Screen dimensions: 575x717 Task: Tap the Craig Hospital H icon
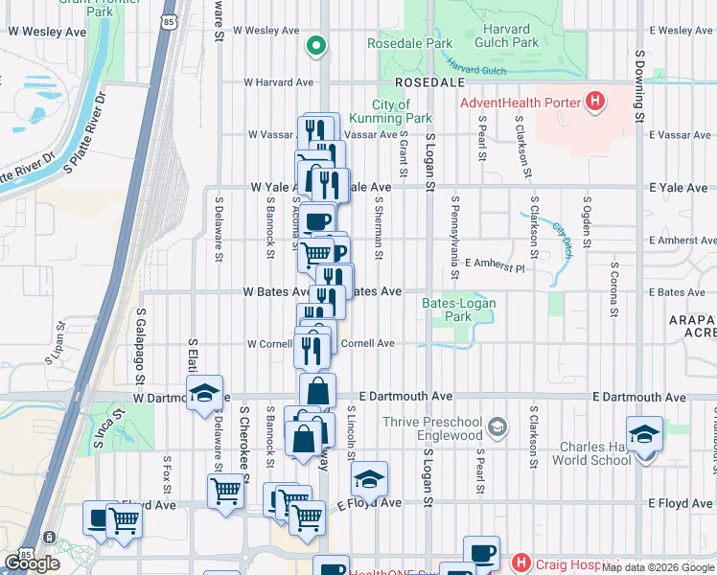click(521, 563)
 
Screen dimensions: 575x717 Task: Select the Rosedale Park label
click(409, 44)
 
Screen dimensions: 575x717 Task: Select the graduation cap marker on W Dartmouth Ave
click(204, 393)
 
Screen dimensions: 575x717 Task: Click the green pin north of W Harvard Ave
click(315, 44)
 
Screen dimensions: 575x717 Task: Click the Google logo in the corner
click(33, 563)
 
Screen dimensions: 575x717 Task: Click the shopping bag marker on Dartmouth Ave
click(317, 391)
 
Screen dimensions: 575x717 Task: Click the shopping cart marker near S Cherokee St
click(225, 492)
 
